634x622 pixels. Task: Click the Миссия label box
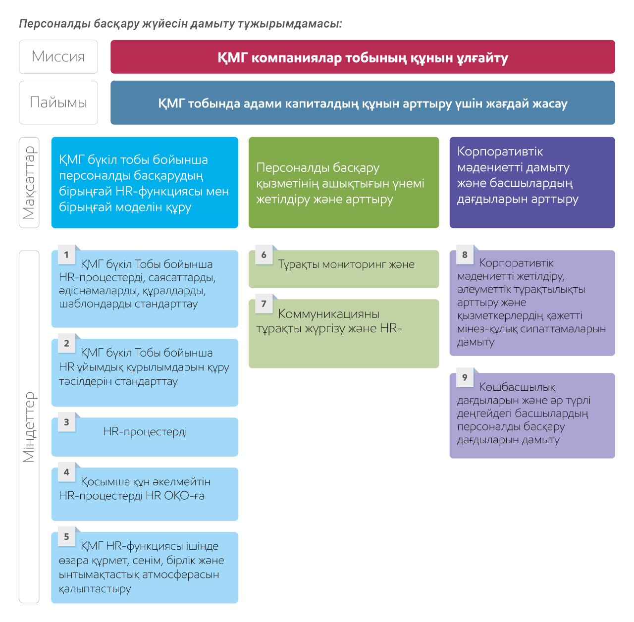point(58,56)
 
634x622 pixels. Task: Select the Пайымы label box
point(58,103)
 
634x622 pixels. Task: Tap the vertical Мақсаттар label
point(29,182)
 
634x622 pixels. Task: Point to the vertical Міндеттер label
point(29,426)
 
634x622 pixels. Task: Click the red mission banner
point(363,56)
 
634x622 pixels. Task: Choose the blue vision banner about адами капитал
point(363,103)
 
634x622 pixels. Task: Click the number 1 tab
point(67,255)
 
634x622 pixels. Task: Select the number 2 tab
point(67,343)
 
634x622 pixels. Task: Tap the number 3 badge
point(67,421)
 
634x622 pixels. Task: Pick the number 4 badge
point(67,471)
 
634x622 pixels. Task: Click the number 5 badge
point(67,536)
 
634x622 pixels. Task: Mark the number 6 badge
point(264,255)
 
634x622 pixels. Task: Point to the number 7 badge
point(264,304)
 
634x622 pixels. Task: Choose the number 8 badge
point(465,255)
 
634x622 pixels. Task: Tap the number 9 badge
point(465,377)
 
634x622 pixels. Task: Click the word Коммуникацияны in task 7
point(329,314)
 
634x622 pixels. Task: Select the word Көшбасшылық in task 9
point(517,387)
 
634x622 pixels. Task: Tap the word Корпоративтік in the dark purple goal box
point(500,152)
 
